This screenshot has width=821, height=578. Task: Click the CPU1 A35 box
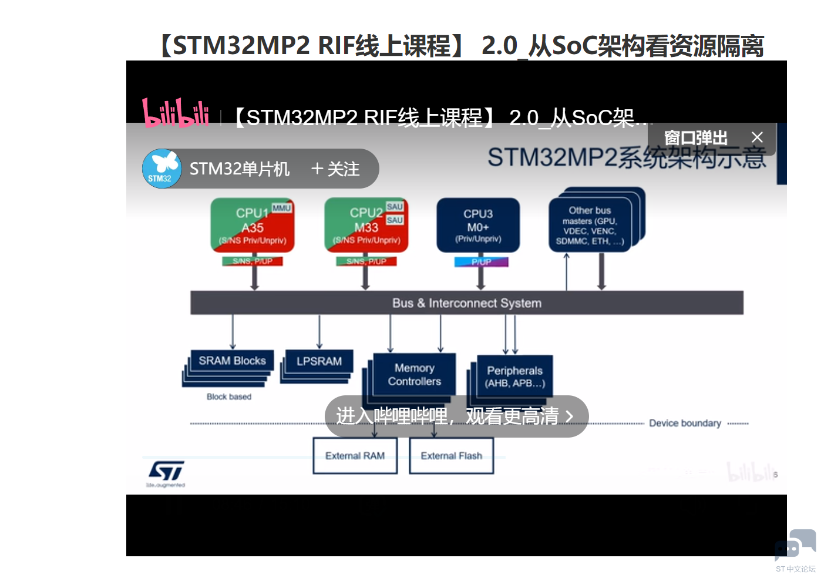pos(253,226)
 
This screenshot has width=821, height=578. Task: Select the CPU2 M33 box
pos(366,226)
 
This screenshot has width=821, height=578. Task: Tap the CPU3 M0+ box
pos(478,226)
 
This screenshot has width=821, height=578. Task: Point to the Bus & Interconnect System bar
pos(467,303)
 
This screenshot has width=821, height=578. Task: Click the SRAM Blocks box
pos(232,361)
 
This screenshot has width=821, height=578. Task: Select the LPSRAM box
pos(319,361)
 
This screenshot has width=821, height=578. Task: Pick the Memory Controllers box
pos(414,375)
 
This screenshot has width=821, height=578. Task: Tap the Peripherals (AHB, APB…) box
pos(514,377)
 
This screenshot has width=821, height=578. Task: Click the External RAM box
pos(355,456)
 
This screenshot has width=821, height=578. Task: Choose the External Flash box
pos(451,456)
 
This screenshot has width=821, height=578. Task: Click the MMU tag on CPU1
pos(281,208)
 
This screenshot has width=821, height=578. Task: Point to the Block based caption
pos(228,397)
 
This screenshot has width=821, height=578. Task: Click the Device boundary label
pos(685,423)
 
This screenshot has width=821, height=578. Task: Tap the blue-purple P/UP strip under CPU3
pos(481,262)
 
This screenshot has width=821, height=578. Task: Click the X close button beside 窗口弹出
pos(757,137)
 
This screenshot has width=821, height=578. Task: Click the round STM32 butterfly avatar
pos(161,169)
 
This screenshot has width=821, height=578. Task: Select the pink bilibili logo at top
pos(176,113)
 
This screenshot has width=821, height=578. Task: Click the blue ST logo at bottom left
pos(166,471)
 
